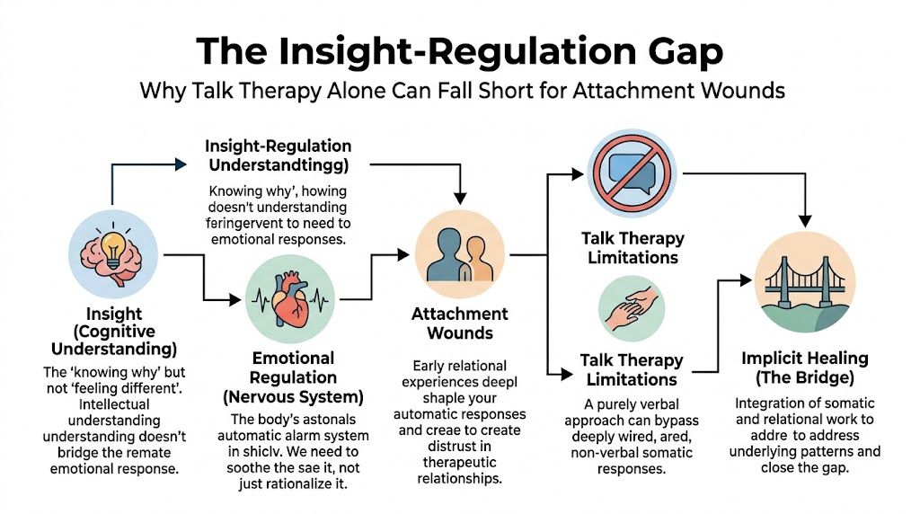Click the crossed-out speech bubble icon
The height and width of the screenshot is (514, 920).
pyautogui.click(x=632, y=173)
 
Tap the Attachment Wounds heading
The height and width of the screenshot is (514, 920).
pyautogui.click(x=459, y=323)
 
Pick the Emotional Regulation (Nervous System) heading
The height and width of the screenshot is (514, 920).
pyautogui.click(x=292, y=378)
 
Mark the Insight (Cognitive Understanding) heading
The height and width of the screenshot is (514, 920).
pyautogui.click(x=114, y=331)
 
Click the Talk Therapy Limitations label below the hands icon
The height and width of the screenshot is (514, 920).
pyautogui.click(x=632, y=369)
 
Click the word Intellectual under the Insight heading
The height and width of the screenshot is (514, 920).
pyautogui.click(x=100, y=404)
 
